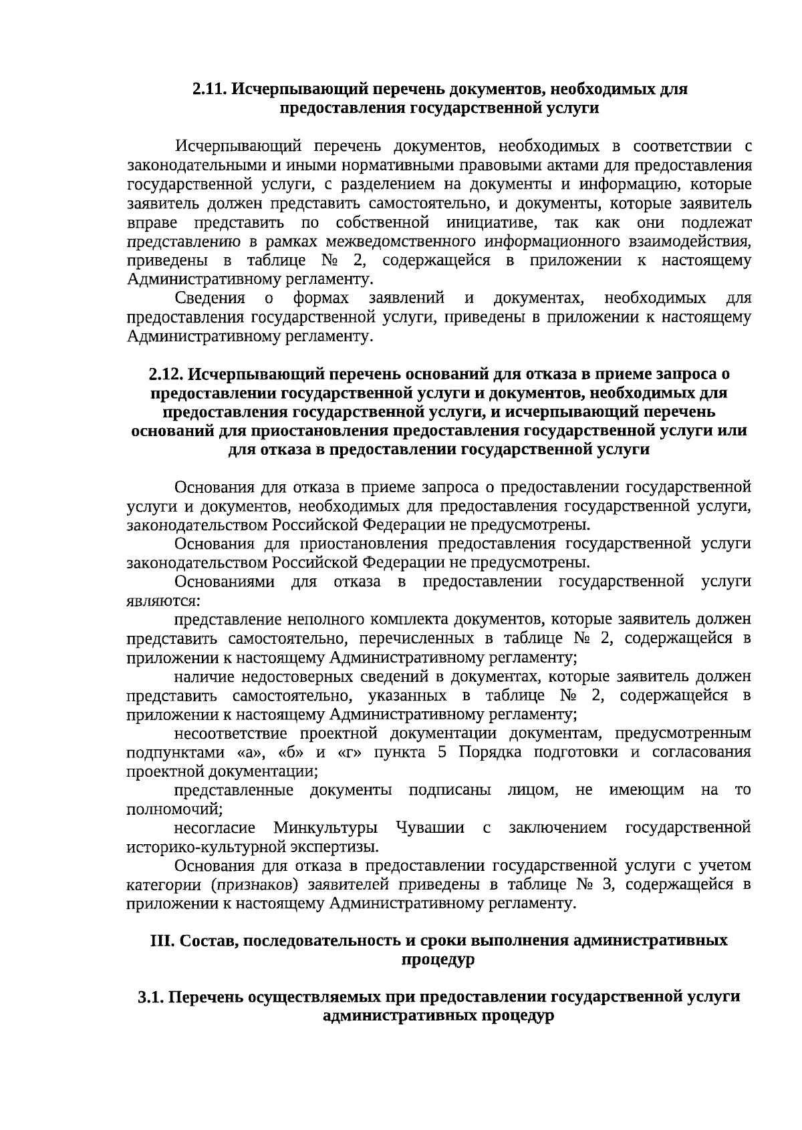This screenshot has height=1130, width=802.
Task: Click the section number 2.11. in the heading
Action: (210, 89)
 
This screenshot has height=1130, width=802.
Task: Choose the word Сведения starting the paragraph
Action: (210, 298)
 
